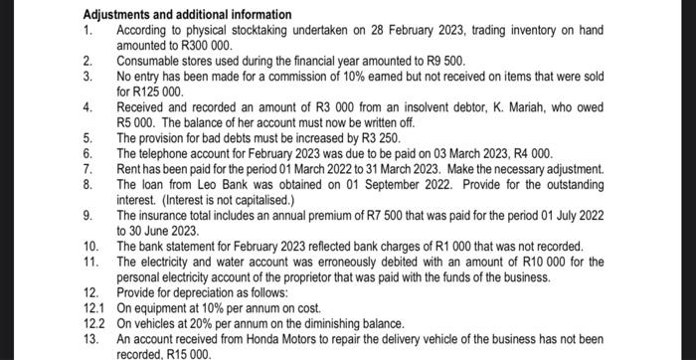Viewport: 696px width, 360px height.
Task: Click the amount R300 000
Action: pos(204,46)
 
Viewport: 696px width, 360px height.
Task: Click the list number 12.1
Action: pos(93,308)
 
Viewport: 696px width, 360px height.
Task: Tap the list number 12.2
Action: pos(93,323)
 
